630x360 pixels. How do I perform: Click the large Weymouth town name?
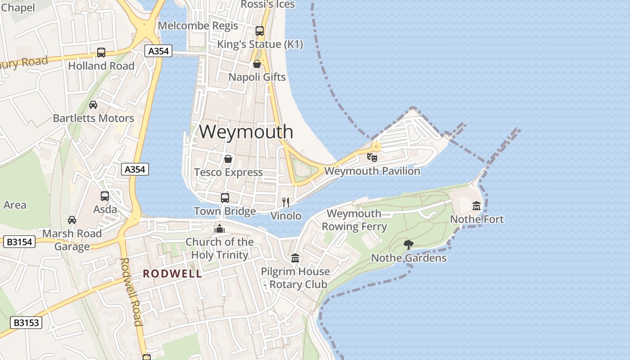pyautogui.click(x=246, y=132)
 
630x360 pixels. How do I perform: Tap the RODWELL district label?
pyautogui.click(x=172, y=274)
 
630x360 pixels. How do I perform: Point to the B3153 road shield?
pyautogui.click(x=26, y=322)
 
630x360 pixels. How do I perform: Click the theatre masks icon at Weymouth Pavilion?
pyautogui.click(x=372, y=157)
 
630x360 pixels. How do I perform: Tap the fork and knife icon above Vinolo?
pyautogui.click(x=285, y=202)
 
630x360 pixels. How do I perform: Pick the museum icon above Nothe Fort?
pyautogui.click(x=477, y=206)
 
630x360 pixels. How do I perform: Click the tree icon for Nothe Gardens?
pyautogui.click(x=409, y=244)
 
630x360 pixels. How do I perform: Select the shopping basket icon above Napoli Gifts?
pyautogui.click(x=257, y=64)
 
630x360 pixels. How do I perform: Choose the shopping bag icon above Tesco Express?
pyautogui.click(x=228, y=159)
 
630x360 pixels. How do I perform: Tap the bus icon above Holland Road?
pyautogui.click(x=101, y=53)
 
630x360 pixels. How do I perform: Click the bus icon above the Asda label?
pyautogui.click(x=105, y=196)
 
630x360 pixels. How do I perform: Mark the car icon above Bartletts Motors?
pyautogui.click(x=93, y=105)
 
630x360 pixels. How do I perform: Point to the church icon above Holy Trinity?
pyautogui.click(x=220, y=229)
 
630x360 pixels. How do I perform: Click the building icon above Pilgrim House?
pyautogui.click(x=295, y=258)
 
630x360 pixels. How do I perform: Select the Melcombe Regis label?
pyautogui.click(x=198, y=26)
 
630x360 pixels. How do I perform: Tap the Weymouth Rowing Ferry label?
pyautogui.click(x=354, y=220)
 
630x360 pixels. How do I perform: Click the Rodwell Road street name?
pyautogui.click(x=131, y=291)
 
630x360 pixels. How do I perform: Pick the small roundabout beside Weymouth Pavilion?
pyautogui.click(x=376, y=147)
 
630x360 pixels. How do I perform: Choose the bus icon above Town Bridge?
pyautogui.click(x=225, y=198)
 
